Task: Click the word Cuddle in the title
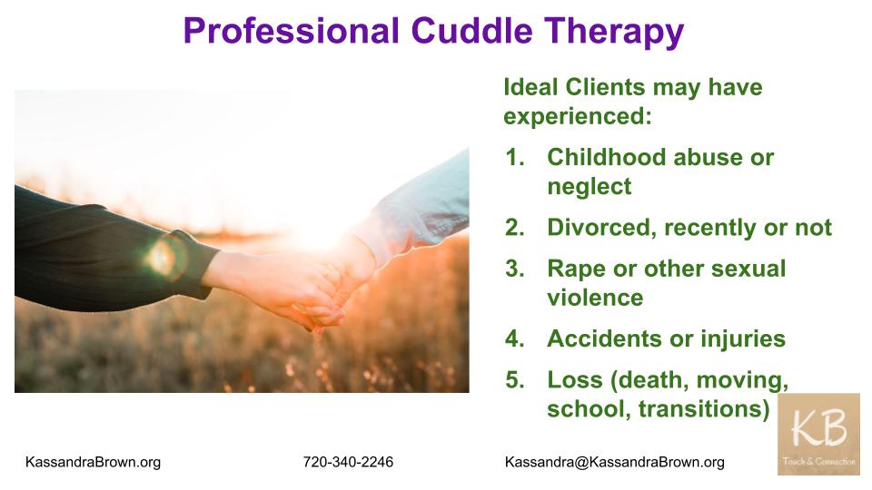[471, 30]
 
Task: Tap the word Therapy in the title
[614, 33]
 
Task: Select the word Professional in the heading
[291, 30]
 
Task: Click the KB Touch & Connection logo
[818, 434]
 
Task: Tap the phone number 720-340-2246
[348, 462]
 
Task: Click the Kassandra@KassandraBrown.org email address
[615, 462]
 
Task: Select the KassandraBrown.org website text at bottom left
[93, 462]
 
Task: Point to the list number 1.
[515, 157]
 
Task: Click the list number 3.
[515, 269]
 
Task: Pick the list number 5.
[515, 380]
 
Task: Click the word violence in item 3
[595, 298]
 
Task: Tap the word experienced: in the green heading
[578, 117]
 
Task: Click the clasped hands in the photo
[312, 289]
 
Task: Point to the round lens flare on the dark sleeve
[165, 257]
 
